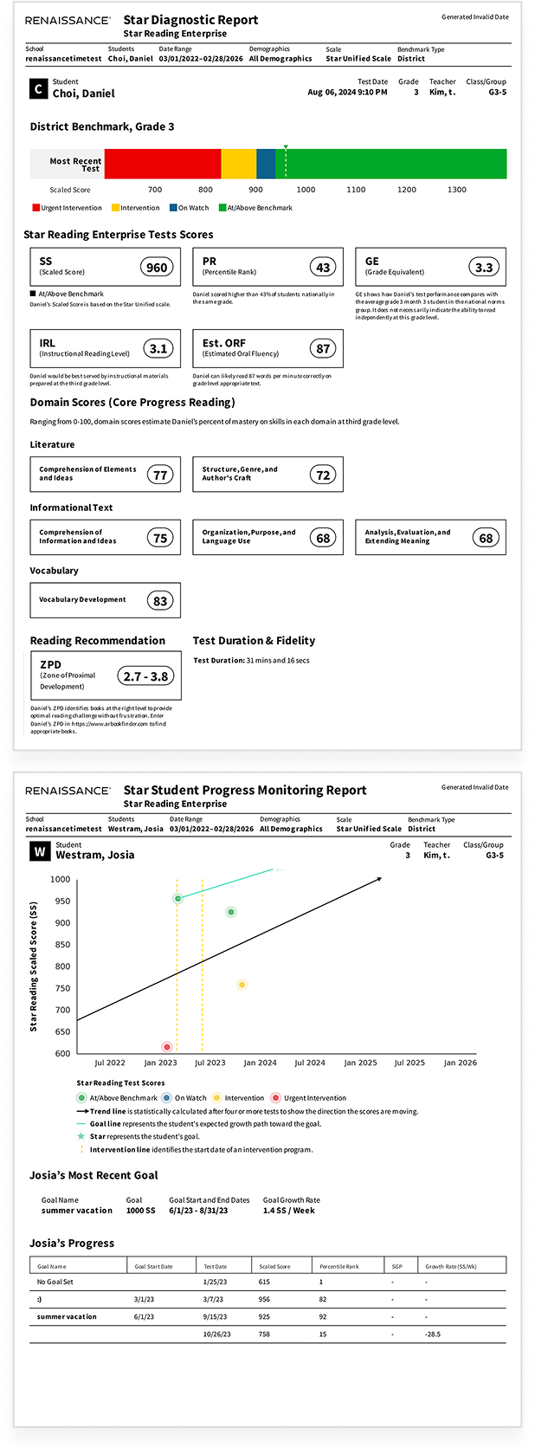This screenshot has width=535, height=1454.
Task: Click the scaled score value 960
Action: pos(157,268)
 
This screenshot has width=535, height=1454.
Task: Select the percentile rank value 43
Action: pos(323,268)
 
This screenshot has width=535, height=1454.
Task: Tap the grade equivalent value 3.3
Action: pos(484,268)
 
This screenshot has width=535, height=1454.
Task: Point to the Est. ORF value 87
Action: pos(323,349)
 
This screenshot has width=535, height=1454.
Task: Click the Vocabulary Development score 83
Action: pos(160,601)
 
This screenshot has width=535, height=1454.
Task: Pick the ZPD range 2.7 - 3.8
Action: pos(145,676)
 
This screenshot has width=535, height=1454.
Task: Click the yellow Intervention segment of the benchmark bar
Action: pos(239,164)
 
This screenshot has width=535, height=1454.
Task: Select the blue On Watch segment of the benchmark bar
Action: pos(266,164)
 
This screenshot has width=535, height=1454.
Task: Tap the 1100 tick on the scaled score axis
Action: pos(356,190)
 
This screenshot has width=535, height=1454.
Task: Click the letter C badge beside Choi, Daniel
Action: pos(38,88)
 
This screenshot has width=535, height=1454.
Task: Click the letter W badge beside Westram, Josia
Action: pos(39,852)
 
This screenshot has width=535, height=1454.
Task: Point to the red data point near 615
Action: pos(167,1047)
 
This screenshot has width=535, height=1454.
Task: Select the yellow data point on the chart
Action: pos(242,985)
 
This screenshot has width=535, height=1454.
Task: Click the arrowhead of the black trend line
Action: pos(378,879)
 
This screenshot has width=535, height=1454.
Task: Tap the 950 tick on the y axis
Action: pos(61,901)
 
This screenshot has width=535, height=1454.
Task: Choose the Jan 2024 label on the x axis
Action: pos(260,1063)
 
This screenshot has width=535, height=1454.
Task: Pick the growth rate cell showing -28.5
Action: pos(433,1334)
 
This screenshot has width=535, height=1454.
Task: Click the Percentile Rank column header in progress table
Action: pos(338,1266)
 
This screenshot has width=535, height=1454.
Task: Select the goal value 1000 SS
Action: pos(140,1211)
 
